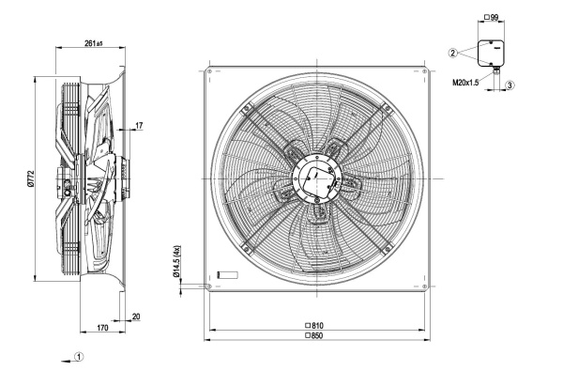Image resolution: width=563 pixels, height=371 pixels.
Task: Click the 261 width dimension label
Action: (x=94, y=43)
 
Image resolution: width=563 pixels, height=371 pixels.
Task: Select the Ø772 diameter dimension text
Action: (x=31, y=178)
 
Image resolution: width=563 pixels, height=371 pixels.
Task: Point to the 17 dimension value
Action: (x=139, y=126)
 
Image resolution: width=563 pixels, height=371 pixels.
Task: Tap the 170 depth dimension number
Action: (x=102, y=328)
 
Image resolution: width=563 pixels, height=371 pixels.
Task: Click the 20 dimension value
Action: (x=136, y=317)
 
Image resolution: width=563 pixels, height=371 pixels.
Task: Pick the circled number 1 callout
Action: (x=80, y=357)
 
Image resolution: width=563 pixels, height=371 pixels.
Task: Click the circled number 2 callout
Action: (x=453, y=53)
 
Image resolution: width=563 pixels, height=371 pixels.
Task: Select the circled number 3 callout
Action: (x=510, y=85)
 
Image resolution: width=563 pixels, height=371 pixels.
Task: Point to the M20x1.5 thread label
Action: (x=465, y=83)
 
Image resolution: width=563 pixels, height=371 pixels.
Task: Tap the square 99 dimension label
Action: (x=491, y=17)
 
